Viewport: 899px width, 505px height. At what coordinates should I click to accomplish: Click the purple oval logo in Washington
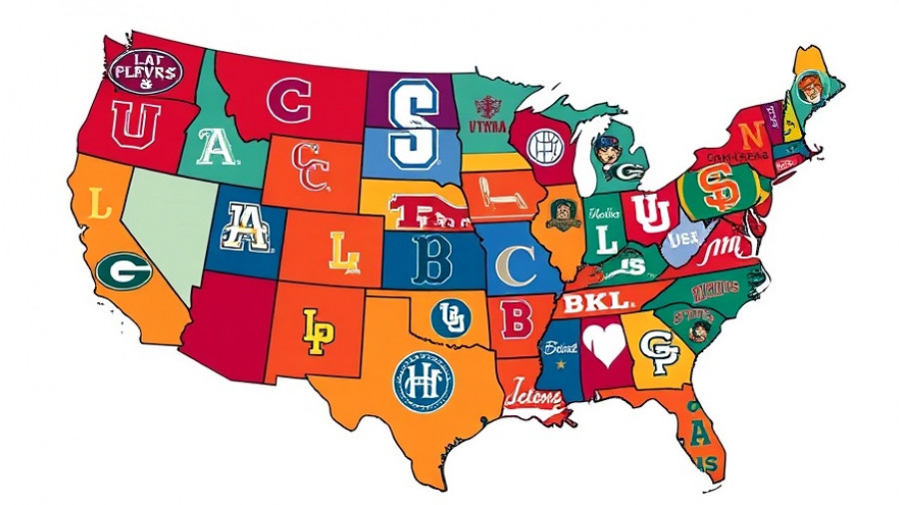(x=145, y=71)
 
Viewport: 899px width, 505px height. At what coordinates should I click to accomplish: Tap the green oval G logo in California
(x=124, y=269)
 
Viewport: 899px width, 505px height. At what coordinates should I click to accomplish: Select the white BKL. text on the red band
(x=596, y=301)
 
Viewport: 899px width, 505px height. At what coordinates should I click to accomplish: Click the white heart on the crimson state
(x=604, y=344)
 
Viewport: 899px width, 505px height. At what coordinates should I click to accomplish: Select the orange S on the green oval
(x=716, y=189)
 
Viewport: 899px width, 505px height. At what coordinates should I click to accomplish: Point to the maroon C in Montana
(x=290, y=100)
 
